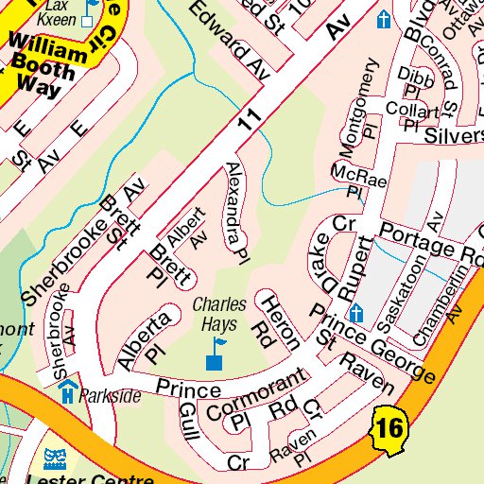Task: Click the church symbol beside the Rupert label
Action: pyautogui.click(x=356, y=313)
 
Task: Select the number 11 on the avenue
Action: pyautogui.click(x=248, y=120)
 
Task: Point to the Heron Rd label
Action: pyautogui.click(x=280, y=320)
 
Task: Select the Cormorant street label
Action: pyautogui.click(x=256, y=397)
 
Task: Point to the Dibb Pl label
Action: pyautogui.click(x=411, y=80)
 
